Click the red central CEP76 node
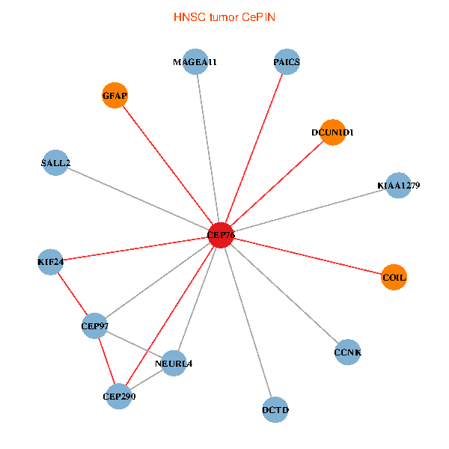click(x=221, y=235)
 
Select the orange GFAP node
click(x=114, y=96)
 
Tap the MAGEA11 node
click(x=195, y=62)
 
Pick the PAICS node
click(x=286, y=62)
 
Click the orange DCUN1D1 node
click(x=332, y=132)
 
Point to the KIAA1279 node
click(x=398, y=186)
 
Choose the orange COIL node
click(x=394, y=277)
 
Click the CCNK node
click(x=347, y=352)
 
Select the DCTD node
click(x=275, y=409)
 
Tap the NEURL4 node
click(x=174, y=364)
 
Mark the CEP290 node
click(x=118, y=397)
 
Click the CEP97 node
click(x=94, y=326)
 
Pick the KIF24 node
click(x=50, y=262)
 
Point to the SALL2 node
click(x=55, y=162)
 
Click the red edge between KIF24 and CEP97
click(x=72, y=293)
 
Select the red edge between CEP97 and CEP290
click(x=106, y=361)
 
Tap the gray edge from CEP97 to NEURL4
click(x=134, y=344)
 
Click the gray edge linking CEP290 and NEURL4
click(x=146, y=380)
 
